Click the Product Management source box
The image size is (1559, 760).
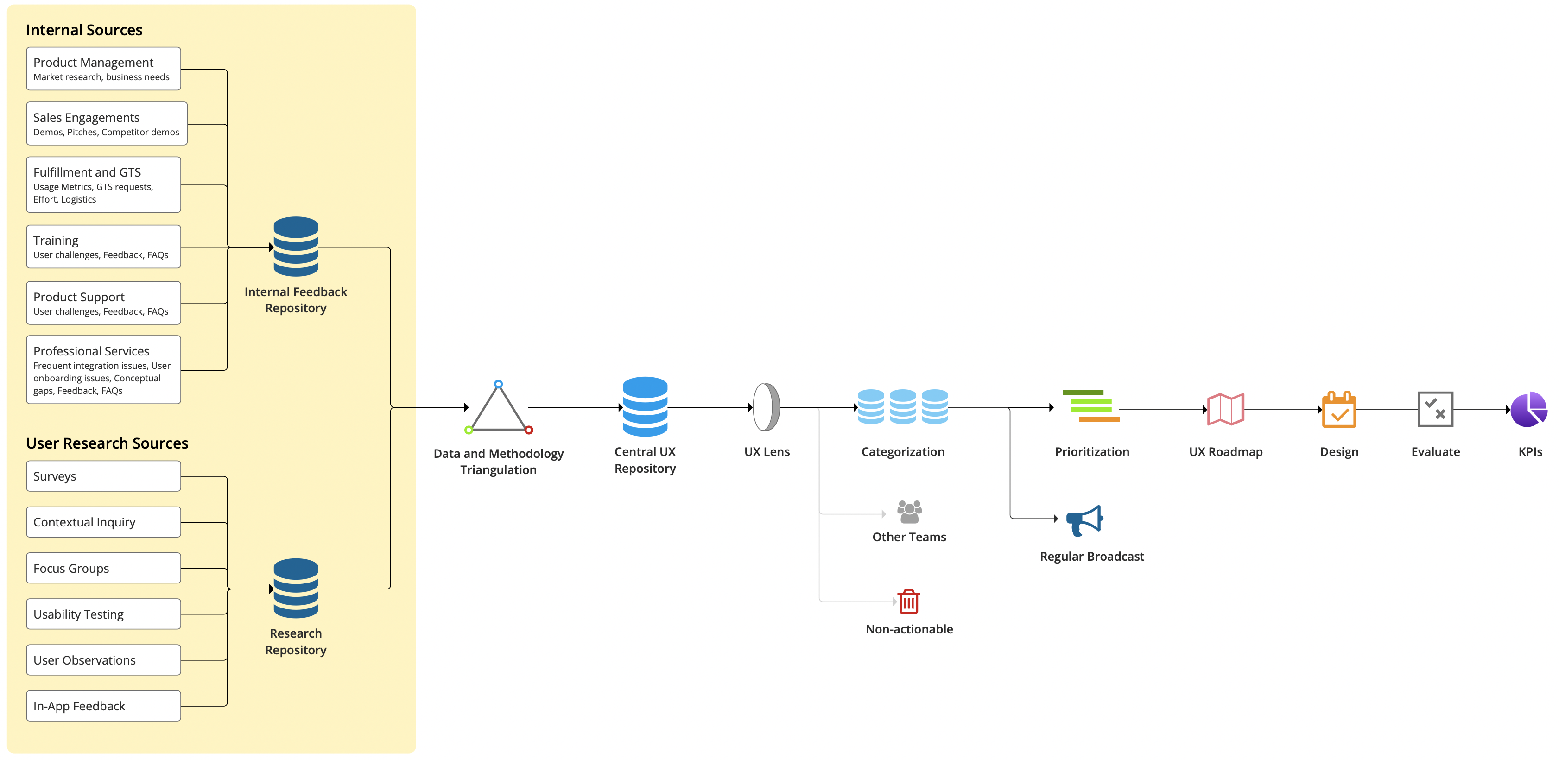click(x=103, y=69)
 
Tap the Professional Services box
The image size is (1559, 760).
click(x=103, y=370)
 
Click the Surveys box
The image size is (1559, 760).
click(x=103, y=476)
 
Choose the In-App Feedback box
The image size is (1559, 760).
click(x=103, y=706)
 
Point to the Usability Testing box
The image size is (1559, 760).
click(x=103, y=614)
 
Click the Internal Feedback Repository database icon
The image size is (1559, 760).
click(x=296, y=247)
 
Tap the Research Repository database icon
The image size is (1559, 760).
click(x=296, y=589)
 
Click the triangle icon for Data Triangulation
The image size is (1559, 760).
click(x=498, y=408)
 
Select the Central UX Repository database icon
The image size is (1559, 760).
click(x=645, y=406)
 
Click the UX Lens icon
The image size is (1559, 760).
click(x=766, y=406)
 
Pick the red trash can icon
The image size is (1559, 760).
click(x=908, y=602)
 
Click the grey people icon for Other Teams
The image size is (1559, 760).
click(x=909, y=512)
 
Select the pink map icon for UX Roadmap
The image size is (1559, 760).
click(x=1225, y=409)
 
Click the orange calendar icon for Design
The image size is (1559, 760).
click(x=1339, y=410)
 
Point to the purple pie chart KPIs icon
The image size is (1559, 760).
click(x=1529, y=410)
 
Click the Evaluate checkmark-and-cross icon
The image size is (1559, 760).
click(x=1435, y=410)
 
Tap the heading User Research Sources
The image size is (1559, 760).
click(x=107, y=443)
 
